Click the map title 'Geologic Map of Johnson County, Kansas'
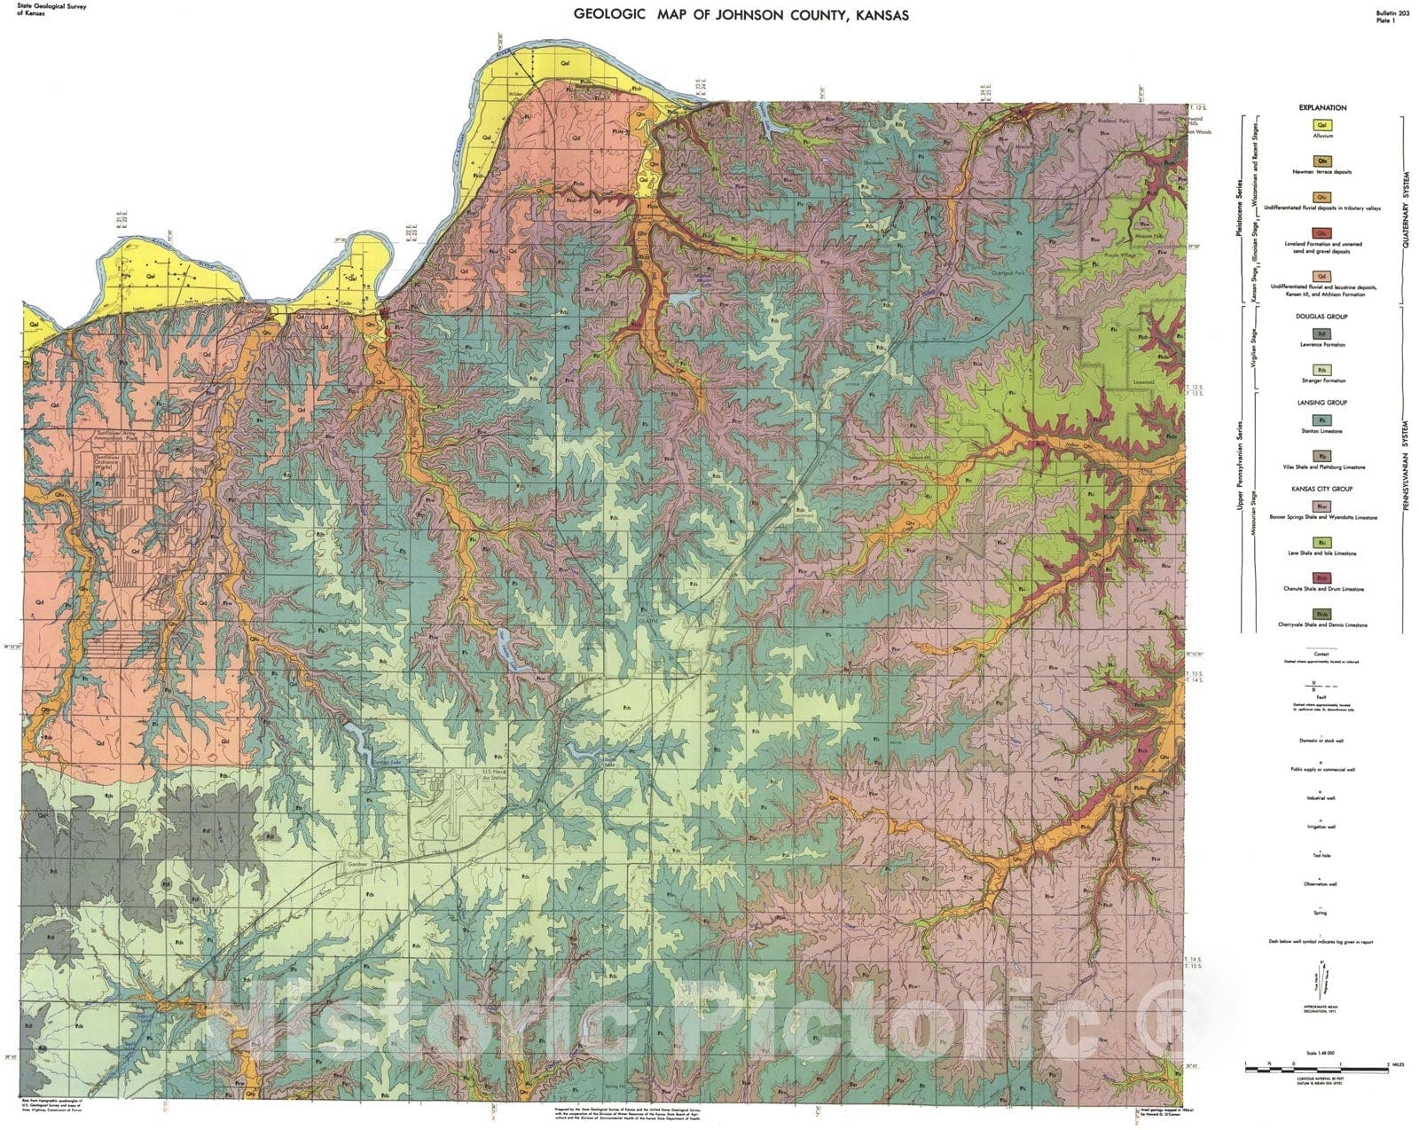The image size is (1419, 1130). pyautogui.click(x=741, y=15)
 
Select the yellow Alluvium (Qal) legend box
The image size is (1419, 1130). pyautogui.click(x=1322, y=126)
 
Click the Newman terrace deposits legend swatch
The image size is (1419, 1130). pyautogui.click(x=1322, y=161)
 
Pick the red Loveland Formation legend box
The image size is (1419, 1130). pyautogui.click(x=1322, y=232)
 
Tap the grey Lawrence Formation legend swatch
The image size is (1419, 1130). pyautogui.click(x=1322, y=334)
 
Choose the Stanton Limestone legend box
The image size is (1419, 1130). pyautogui.click(x=1322, y=420)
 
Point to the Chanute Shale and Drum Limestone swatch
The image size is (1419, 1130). pyautogui.click(x=1322, y=578)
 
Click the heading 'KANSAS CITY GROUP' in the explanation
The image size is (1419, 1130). pyautogui.click(x=1322, y=489)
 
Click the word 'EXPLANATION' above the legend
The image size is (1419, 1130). pyautogui.click(x=1322, y=107)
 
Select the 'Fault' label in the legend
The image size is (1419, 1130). pyautogui.click(x=1321, y=697)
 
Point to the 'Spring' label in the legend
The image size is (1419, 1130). pyautogui.click(x=1321, y=913)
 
